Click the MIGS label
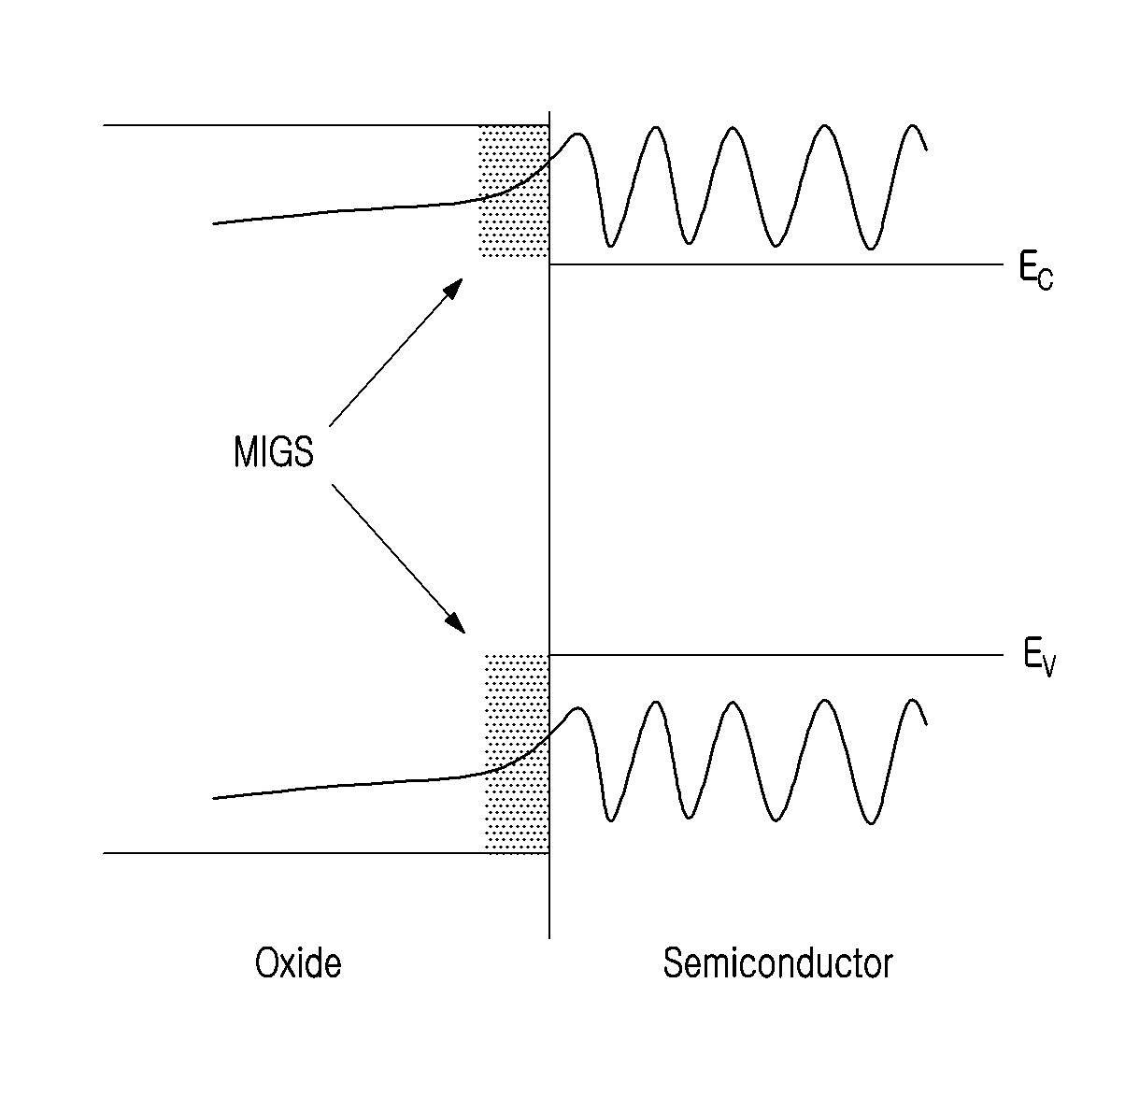tap(274, 451)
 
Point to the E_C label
tap(1036, 272)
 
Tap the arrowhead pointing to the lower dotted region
tap(456, 623)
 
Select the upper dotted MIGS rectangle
tap(513, 192)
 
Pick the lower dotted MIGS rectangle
tap(517, 754)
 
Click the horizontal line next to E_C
tap(776, 264)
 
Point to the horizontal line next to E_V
tap(776, 655)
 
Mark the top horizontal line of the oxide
tap(326, 125)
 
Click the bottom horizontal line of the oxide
tap(326, 852)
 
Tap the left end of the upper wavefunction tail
tap(214, 223)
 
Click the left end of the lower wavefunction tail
tap(214, 798)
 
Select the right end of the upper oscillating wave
tap(927, 150)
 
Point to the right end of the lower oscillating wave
tap(927, 724)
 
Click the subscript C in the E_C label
tap(1046, 279)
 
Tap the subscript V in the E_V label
tap(1048, 667)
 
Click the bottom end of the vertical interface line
tap(549, 938)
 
